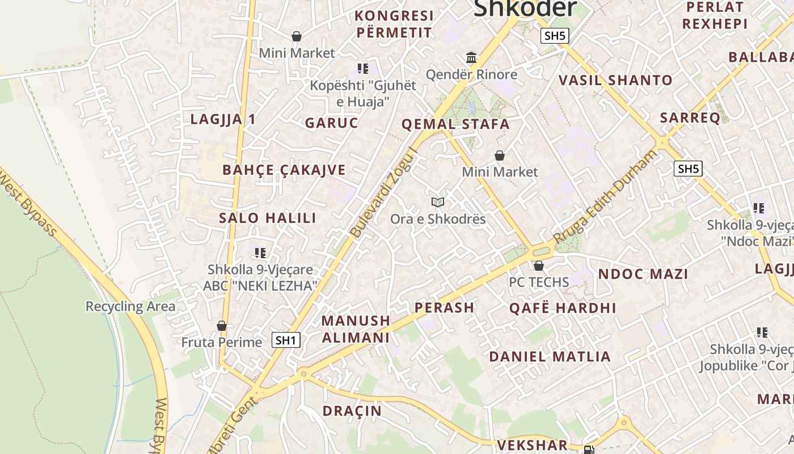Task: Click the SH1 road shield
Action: pos(286,340)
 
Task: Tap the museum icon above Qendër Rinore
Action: pos(471,57)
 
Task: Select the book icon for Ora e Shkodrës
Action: pos(437,202)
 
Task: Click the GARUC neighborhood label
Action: pos(332,123)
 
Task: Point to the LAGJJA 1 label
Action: pos(223,119)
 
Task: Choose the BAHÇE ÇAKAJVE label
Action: pos(284,170)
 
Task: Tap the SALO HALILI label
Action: pos(268,218)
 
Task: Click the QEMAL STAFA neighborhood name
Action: pos(455,124)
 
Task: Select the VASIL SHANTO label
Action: pos(615,80)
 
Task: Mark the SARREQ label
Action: pos(690,117)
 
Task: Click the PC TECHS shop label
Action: pos(538,281)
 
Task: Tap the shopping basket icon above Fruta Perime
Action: pos(222,326)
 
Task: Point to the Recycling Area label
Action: pos(130,306)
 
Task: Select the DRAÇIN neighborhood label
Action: pos(352,411)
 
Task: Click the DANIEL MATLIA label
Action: pos(550,356)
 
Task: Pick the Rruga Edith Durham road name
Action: pos(606,196)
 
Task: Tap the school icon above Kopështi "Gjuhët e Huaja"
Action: pos(362,69)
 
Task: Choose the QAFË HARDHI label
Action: pos(563,308)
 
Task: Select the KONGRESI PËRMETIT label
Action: pos(394,24)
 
